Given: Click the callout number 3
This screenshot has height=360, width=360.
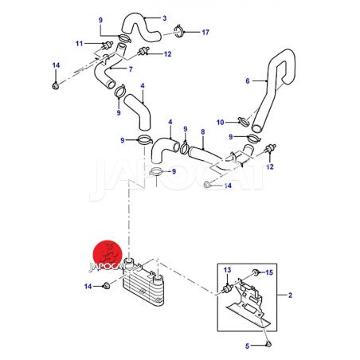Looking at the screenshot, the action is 165,18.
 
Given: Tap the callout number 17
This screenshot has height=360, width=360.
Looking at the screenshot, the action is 205,33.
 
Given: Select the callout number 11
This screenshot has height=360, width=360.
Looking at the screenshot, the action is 79,44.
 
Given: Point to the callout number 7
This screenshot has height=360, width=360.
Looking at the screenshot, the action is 131,69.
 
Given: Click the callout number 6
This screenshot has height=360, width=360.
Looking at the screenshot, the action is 248,81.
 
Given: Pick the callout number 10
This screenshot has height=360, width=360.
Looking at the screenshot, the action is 221,123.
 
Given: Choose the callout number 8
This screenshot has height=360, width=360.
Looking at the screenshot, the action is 203,132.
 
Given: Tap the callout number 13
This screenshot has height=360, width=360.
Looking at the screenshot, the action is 227,270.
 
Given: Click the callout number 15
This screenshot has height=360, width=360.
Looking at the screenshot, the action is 269,272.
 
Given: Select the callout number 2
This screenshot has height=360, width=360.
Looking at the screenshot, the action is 290,295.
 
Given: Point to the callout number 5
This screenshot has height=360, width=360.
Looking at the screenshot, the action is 248,346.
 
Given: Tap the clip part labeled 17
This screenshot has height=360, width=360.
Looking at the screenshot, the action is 178,31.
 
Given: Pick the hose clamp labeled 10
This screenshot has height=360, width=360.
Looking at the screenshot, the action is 243,121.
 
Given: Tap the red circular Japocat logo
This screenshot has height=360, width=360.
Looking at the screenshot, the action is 108,255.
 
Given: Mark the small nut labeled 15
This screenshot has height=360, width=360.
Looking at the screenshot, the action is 256,272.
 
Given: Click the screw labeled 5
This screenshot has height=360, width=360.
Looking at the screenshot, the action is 268,344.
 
